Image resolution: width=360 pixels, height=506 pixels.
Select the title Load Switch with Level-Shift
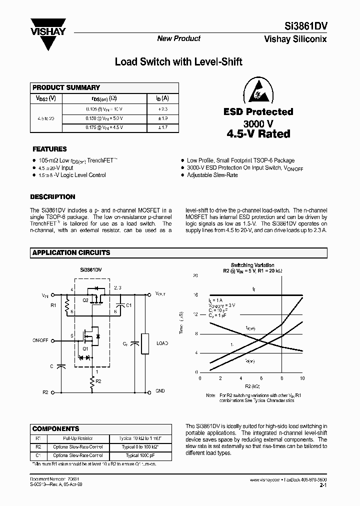click(x=178, y=62)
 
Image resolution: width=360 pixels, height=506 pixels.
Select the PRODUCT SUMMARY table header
click(x=66, y=87)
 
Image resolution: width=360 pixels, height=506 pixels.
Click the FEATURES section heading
click(x=49, y=149)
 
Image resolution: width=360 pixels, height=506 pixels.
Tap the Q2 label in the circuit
click(x=85, y=300)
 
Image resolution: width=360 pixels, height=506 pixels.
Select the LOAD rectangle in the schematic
click(x=145, y=344)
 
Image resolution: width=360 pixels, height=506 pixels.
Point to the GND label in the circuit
click(x=160, y=390)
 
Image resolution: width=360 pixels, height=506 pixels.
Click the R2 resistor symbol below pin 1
click(x=92, y=383)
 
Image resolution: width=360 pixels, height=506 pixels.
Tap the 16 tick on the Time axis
click(x=195, y=295)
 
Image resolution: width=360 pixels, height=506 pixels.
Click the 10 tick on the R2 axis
click(x=302, y=378)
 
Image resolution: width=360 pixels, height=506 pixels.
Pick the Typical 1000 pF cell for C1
click(x=132, y=455)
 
